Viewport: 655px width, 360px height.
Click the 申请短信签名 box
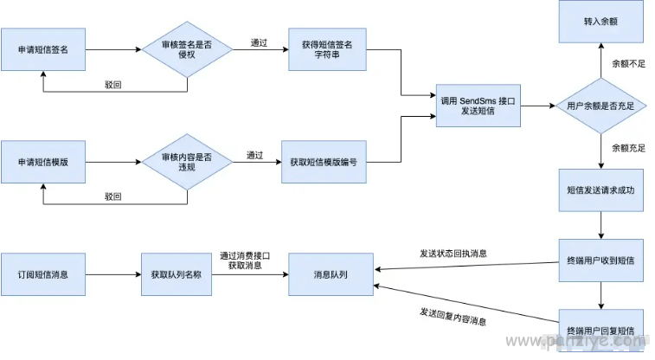(x=43, y=49)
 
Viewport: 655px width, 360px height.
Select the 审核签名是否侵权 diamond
(x=187, y=49)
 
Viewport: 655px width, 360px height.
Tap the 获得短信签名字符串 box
(x=327, y=49)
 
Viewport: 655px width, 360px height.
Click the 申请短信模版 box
(x=43, y=162)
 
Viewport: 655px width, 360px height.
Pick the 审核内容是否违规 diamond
(x=187, y=162)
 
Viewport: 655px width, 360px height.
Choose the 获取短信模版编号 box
(x=324, y=162)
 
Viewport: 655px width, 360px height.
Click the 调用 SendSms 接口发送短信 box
(x=478, y=106)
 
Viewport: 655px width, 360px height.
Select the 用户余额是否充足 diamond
(x=600, y=106)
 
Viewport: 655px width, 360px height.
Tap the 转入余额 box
(x=600, y=22)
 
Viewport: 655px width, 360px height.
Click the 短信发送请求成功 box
(x=600, y=190)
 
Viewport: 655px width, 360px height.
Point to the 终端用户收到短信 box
(x=600, y=260)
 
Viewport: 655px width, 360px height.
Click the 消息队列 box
(x=331, y=274)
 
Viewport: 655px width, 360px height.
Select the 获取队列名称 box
(x=177, y=274)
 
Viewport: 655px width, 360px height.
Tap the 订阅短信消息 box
(x=43, y=274)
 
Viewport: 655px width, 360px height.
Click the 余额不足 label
(x=629, y=63)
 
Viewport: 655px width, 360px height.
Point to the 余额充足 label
(x=629, y=148)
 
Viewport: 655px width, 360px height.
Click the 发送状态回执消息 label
(x=453, y=254)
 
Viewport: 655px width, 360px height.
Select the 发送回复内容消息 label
(x=453, y=317)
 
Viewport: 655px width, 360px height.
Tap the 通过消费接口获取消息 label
(x=245, y=260)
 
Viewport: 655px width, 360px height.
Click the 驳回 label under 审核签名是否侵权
(x=112, y=85)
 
